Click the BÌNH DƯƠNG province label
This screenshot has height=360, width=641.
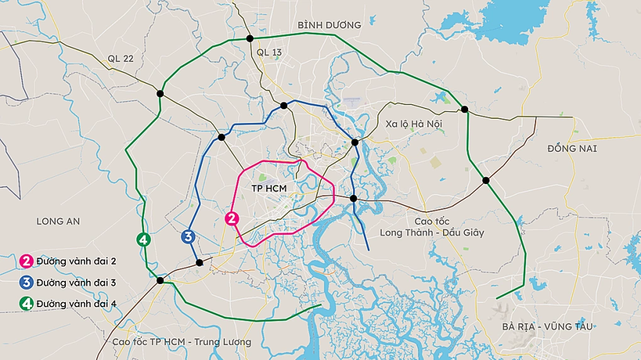(329, 25)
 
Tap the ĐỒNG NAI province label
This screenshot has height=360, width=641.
(572, 149)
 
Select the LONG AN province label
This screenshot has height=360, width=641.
(58, 221)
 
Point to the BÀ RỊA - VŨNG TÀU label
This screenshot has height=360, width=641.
(547, 327)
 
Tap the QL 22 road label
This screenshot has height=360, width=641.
(121, 58)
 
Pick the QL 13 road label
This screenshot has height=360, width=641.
(269, 53)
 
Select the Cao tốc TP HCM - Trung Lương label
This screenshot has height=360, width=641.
(182, 342)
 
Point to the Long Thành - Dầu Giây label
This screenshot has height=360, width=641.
(432, 232)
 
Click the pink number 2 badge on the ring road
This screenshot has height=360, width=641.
(232, 219)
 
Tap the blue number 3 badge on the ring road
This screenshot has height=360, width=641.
(187, 237)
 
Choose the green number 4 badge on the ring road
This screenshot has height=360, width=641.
(143, 239)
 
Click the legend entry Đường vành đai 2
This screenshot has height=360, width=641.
(76, 261)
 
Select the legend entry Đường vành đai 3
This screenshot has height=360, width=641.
(76, 282)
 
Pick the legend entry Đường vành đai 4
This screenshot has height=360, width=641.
(76, 303)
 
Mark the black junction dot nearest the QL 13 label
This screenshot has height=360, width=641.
(250, 39)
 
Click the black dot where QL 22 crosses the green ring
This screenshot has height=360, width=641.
(160, 94)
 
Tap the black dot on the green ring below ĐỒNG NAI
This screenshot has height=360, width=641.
(486, 180)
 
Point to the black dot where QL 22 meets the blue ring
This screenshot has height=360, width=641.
(221, 137)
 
